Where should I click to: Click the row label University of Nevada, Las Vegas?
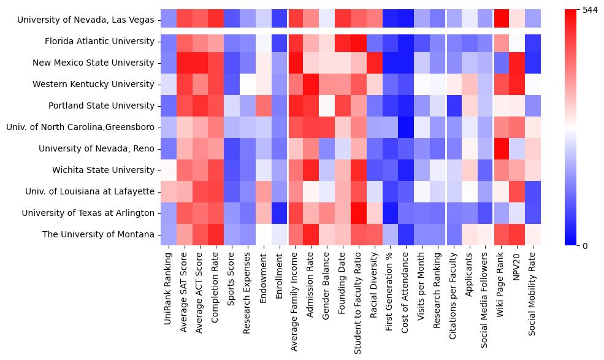click(x=86, y=20)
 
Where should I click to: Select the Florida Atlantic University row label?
click(x=99, y=41)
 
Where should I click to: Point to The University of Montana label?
click(x=98, y=234)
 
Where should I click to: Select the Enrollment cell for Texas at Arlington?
click(x=280, y=213)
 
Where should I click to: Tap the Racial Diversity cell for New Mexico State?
click(x=375, y=63)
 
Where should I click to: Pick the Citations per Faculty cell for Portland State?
click(x=454, y=105)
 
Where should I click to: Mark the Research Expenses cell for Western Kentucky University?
click(x=248, y=84)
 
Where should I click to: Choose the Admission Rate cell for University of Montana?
click(x=312, y=234)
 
